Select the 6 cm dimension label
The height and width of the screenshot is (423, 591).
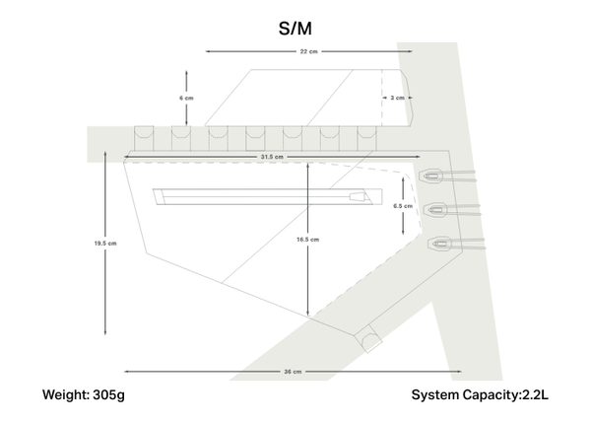(186, 99)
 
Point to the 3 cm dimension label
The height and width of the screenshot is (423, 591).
(397, 98)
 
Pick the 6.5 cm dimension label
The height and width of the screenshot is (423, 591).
(402, 206)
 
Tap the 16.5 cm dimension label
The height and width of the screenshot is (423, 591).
(308, 240)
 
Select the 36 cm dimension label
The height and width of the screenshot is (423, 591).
(292, 372)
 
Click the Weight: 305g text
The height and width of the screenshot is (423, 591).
(84, 395)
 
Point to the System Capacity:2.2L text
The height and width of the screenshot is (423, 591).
(480, 395)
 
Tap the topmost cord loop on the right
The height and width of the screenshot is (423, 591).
(432, 176)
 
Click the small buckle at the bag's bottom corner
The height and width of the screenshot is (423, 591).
(370, 341)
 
